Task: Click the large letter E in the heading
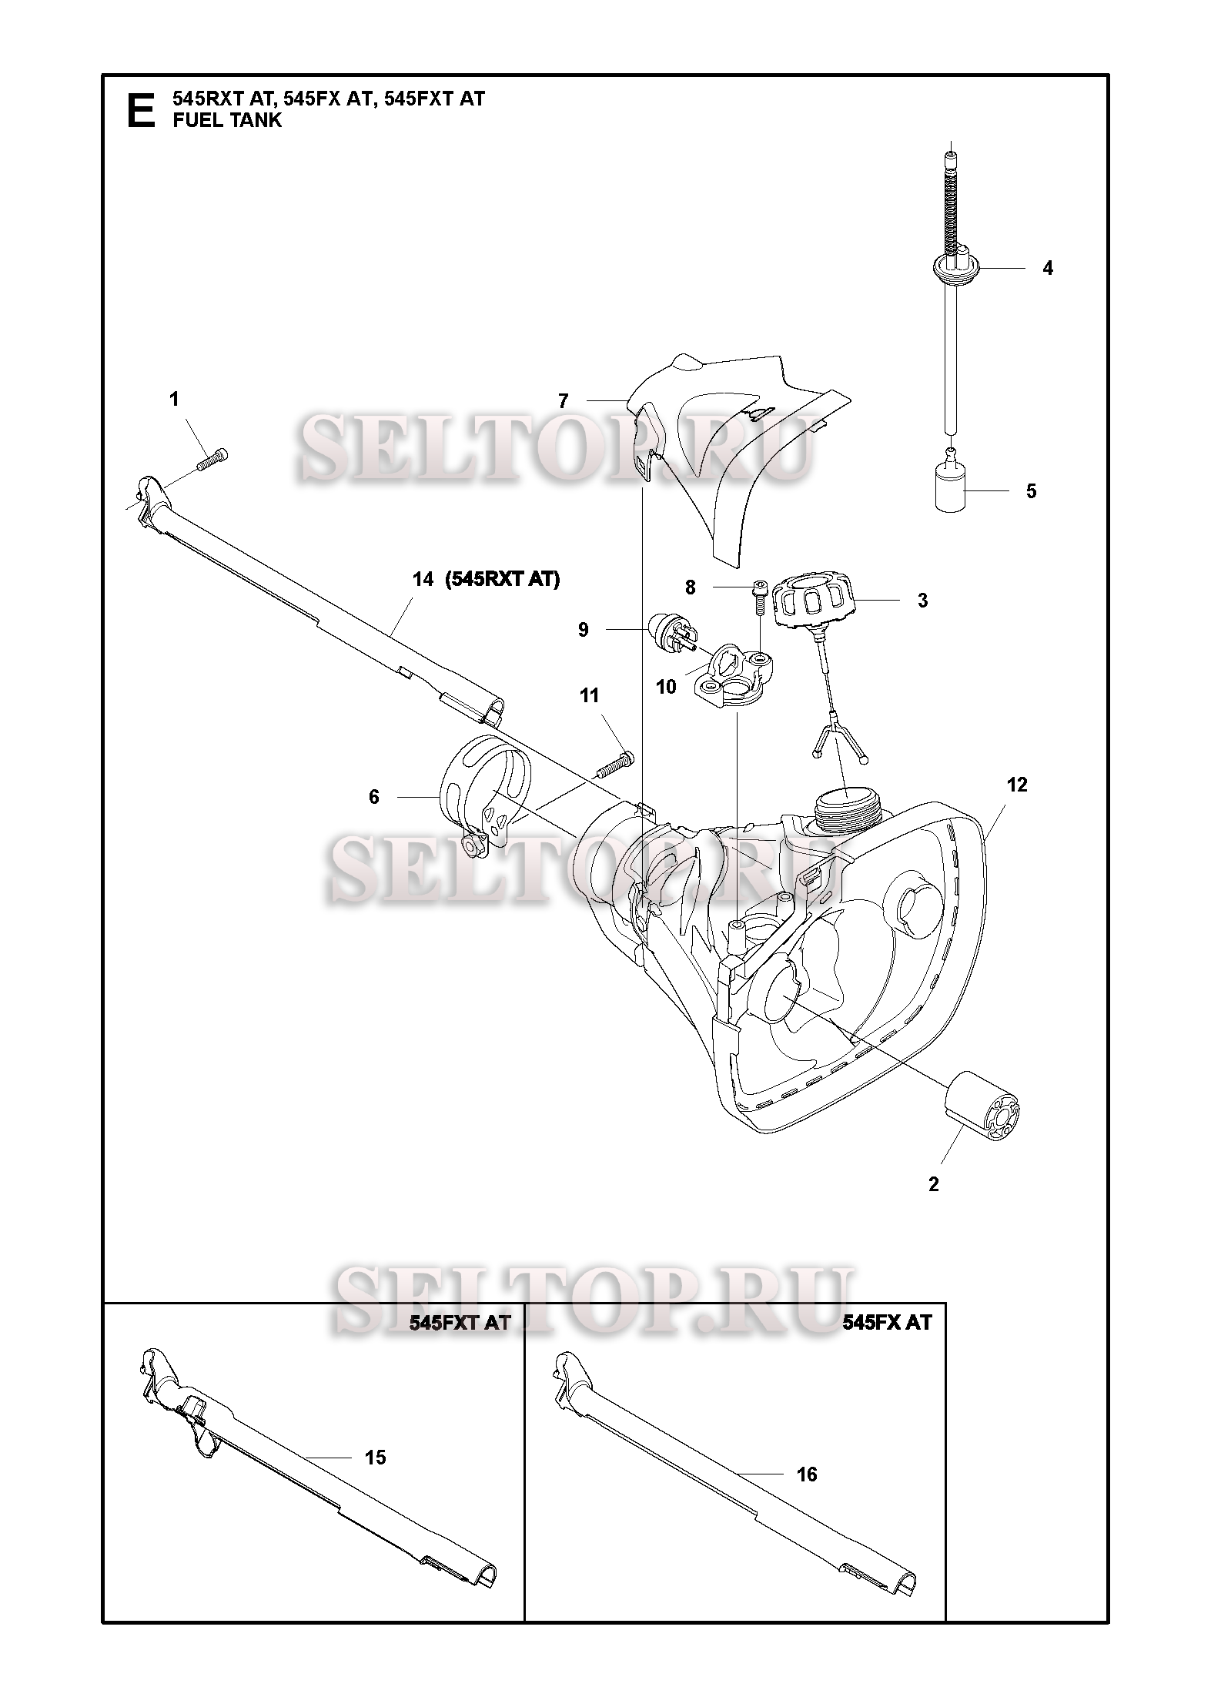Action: (139, 110)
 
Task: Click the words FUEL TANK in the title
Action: (227, 120)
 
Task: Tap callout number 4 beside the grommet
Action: (1047, 269)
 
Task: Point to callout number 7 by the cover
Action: (564, 400)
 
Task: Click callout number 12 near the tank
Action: (1016, 785)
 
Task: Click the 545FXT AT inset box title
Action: (460, 1322)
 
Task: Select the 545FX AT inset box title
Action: (887, 1322)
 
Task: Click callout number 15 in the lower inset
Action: (375, 1458)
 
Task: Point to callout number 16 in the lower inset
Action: (807, 1474)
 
